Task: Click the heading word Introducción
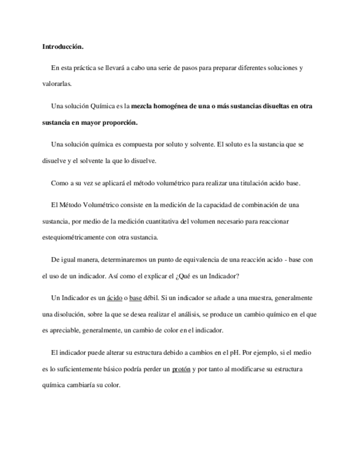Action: coord(63,47)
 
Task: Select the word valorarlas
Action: coord(57,85)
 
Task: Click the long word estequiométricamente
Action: coord(76,237)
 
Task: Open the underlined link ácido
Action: coord(114,297)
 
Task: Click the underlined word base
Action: coord(135,297)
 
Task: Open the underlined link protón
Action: coord(181,369)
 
